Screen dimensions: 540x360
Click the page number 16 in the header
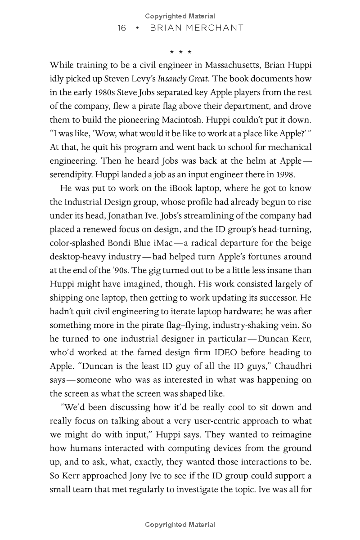coord(121,28)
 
